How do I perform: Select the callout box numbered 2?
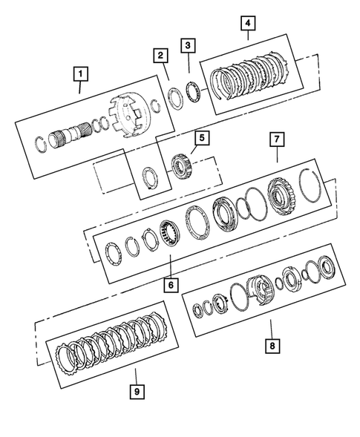point(160,54)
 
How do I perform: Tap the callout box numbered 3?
point(190,47)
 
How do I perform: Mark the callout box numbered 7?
point(276,139)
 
